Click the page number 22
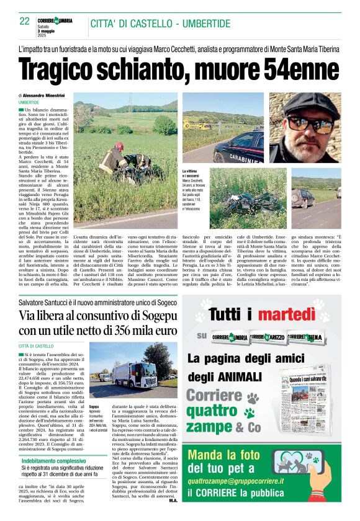coord(25,20)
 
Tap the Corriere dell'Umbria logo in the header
coord(55,21)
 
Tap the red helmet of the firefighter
coord(119,146)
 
